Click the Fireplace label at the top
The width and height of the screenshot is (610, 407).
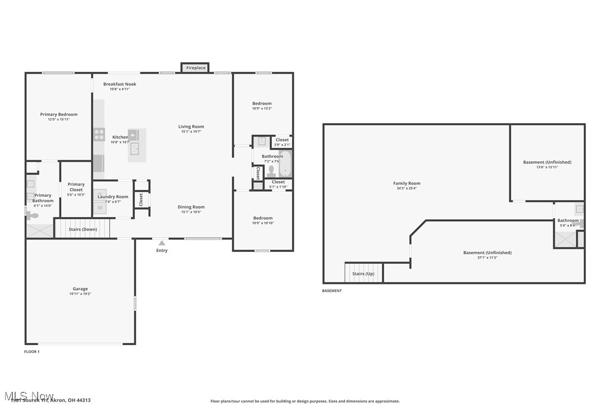coord(196,68)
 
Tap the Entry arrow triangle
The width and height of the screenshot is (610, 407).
coord(162,243)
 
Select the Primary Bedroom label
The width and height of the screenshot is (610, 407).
coord(59,114)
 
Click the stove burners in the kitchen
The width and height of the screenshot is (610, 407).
coord(99,134)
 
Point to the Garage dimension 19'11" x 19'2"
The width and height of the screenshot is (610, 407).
coord(80,293)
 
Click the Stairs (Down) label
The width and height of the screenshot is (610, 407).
coord(83,229)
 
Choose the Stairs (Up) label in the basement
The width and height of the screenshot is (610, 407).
coord(363,274)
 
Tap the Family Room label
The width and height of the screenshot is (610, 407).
coord(407,183)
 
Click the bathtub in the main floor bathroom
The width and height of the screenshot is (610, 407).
coord(285,164)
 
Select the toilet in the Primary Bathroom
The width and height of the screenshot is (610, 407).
coord(34,215)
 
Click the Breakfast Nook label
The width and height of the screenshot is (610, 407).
coord(120,84)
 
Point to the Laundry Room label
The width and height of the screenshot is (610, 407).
coord(113,197)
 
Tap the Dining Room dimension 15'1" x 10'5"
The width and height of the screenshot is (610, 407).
coord(191,212)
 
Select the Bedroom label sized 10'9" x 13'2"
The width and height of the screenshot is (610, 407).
coord(262,103)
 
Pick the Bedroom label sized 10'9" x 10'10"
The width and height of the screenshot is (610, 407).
coord(262,218)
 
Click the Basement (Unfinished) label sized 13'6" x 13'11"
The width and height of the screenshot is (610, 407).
coord(547,162)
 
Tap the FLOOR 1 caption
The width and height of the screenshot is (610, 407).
coord(31,351)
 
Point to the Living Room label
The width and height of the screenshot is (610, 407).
coord(191,126)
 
